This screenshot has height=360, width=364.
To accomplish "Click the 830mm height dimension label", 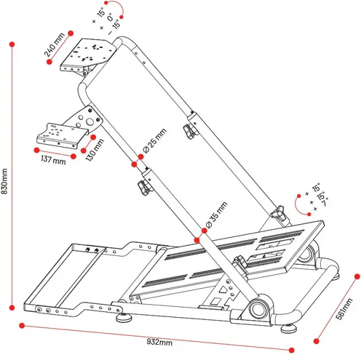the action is (x=4, y=181).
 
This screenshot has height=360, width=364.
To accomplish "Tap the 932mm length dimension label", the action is (x=159, y=342).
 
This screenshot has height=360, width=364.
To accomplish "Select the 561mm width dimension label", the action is (x=344, y=309).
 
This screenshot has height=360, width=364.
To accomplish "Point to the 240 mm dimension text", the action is (x=55, y=44).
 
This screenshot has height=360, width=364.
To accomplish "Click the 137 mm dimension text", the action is (x=53, y=160).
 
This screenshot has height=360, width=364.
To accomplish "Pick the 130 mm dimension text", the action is (x=95, y=150).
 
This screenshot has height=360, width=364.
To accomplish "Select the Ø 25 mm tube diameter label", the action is (x=155, y=140).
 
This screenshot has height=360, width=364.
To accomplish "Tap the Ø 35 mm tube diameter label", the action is (x=216, y=215).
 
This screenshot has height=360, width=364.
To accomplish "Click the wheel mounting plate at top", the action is (x=89, y=55).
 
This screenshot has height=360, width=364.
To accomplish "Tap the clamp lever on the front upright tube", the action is (x=143, y=188).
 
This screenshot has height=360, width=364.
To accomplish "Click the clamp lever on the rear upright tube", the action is (x=189, y=131).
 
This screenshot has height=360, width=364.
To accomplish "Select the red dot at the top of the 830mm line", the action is (x=12, y=44).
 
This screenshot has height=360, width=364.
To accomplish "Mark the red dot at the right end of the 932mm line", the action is (x=292, y=350).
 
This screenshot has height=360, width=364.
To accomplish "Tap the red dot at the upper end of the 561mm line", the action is (x=357, y=276).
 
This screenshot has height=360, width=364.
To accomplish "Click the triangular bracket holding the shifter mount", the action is (x=85, y=119).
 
